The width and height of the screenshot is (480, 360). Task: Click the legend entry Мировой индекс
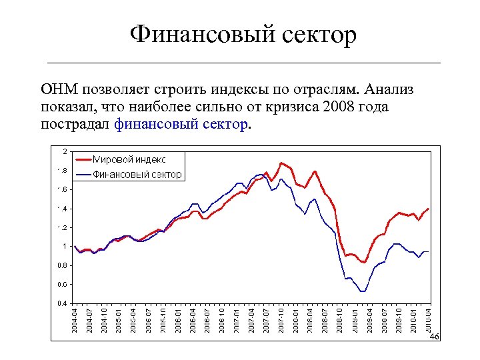129,159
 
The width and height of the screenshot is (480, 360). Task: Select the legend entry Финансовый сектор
137,174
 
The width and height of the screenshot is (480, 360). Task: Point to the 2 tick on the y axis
64,150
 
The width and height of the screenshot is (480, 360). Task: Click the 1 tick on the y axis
64,247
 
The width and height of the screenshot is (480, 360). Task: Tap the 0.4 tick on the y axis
61,303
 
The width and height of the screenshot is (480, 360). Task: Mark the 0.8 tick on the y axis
61,265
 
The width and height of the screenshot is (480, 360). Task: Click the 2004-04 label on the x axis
75,321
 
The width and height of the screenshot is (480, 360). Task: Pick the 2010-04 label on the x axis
429,321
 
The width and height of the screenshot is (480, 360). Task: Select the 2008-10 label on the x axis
340,321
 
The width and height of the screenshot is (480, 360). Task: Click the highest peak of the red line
282,163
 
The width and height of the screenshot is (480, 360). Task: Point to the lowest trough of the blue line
363,291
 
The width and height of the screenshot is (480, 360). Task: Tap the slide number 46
434,337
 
